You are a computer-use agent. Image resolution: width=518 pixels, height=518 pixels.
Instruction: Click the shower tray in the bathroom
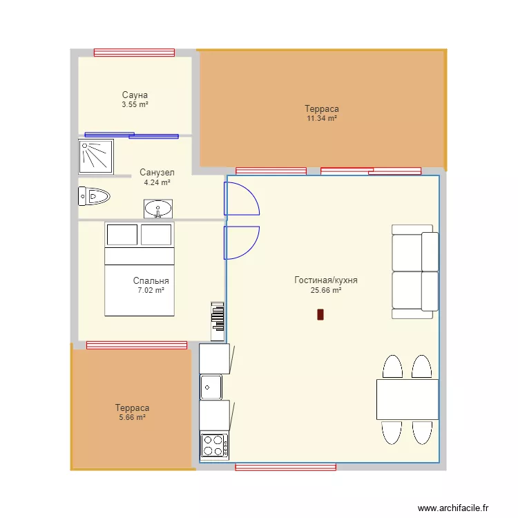pyautogui.click(x=96, y=157)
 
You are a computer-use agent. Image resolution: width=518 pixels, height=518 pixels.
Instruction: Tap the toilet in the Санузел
pyautogui.click(x=94, y=197)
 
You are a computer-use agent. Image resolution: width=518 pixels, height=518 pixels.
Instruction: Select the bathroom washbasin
pyautogui.click(x=159, y=209)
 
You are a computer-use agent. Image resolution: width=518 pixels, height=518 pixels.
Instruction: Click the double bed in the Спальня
pyautogui.click(x=139, y=269)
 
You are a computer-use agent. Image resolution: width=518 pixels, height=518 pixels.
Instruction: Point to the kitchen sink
pyautogui.click(x=211, y=387)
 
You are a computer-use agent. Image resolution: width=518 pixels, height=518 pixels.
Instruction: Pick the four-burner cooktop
pyautogui.click(x=214, y=445)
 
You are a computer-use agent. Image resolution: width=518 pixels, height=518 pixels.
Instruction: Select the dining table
pyautogui.click(x=407, y=399)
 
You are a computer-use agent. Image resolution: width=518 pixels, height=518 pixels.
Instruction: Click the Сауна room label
pyautogui.click(x=135, y=95)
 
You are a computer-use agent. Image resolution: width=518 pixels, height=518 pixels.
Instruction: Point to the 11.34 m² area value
pyautogui.click(x=322, y=119)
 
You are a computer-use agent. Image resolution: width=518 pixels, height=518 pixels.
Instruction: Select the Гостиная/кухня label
pyautogui.click(x=325, y=280)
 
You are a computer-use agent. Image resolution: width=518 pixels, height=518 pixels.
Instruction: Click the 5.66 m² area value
pyautogui.click(x=132, y=418)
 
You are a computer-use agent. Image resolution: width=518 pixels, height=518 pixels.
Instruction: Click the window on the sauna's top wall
pyautogui.click(x=134, y=52)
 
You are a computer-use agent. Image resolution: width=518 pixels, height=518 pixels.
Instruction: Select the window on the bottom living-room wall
pyautogui.click(x=285, y=468)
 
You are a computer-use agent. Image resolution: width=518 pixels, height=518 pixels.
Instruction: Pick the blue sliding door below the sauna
pyautogui.click(x=131, y=135)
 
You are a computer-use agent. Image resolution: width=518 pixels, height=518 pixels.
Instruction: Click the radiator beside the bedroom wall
pyautogui.click(x=218, y=321)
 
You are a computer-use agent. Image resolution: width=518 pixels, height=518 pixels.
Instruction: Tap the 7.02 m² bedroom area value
pyautogui.click(x=151, y=291)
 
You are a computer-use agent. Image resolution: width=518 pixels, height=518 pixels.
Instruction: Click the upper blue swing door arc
pyautogui.click(x=241, y=196)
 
